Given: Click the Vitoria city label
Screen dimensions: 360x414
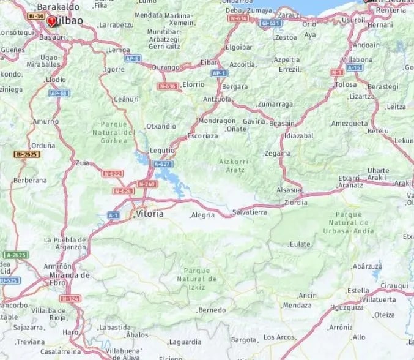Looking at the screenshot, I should click(x=150, y=214).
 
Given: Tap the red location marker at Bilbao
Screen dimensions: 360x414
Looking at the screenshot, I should click(x=52, y=21).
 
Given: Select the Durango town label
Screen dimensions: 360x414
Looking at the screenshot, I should click(x=166, y=67).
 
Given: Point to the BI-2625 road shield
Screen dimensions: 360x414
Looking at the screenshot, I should click(x=27, y=154).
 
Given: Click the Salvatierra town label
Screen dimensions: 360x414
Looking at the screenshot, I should click(x=250, y=212).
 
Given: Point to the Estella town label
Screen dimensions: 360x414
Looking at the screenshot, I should click(x=358, y=290).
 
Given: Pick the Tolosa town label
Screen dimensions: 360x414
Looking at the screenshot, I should click(x=346, y=84).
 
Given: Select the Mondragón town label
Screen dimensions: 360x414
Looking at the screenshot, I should click(x=217, y=121).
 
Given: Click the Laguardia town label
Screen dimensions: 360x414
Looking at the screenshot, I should click(x=185, y=342).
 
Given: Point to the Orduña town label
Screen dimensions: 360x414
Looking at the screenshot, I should click(x=43, y=145).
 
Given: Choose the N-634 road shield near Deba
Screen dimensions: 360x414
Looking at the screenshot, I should click(x=238, y=18).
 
